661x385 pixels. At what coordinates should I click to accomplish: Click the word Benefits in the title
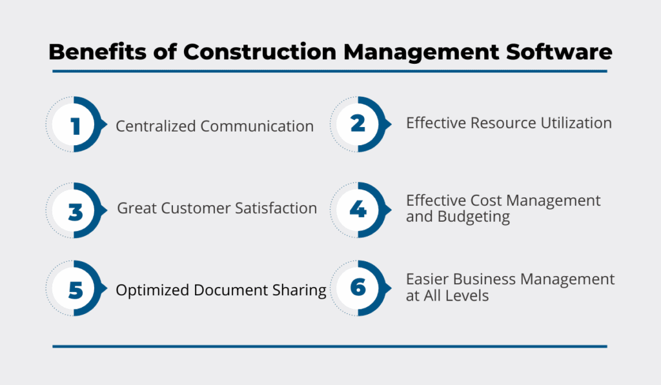coord(98,52)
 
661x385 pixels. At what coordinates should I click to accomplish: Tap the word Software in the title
coord(559,52)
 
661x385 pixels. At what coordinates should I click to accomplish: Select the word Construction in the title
coord(259,52)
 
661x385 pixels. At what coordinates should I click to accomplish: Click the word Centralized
coord(156,126)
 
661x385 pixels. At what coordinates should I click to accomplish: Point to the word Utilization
coord(576,123)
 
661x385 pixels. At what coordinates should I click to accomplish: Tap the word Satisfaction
coord(276,208)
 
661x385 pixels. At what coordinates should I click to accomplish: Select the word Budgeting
coord(474,217)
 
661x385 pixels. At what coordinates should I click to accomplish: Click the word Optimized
coord(152,290)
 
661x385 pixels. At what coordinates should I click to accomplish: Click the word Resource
coord(503,123)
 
